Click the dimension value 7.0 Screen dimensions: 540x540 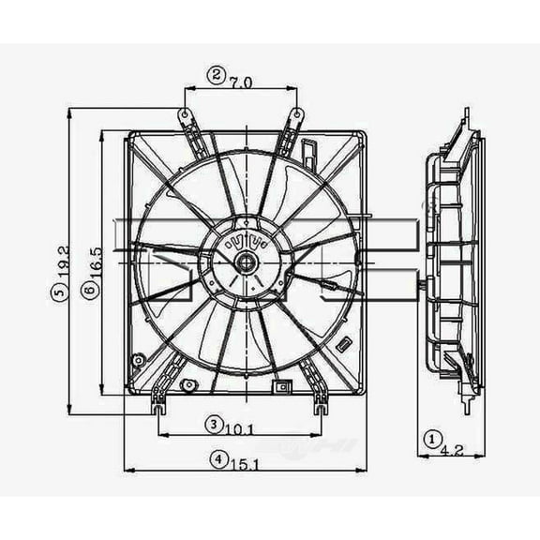(240, 82)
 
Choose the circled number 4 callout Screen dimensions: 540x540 (217, 459)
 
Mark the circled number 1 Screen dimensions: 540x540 (432, 437)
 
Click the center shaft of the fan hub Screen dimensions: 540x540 (245, 262)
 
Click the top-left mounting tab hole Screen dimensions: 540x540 (186, 115)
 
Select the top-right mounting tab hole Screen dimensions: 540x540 (296, 115)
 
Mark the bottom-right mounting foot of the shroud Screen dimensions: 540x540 (321, 407)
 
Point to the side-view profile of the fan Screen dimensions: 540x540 (454, 262)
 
